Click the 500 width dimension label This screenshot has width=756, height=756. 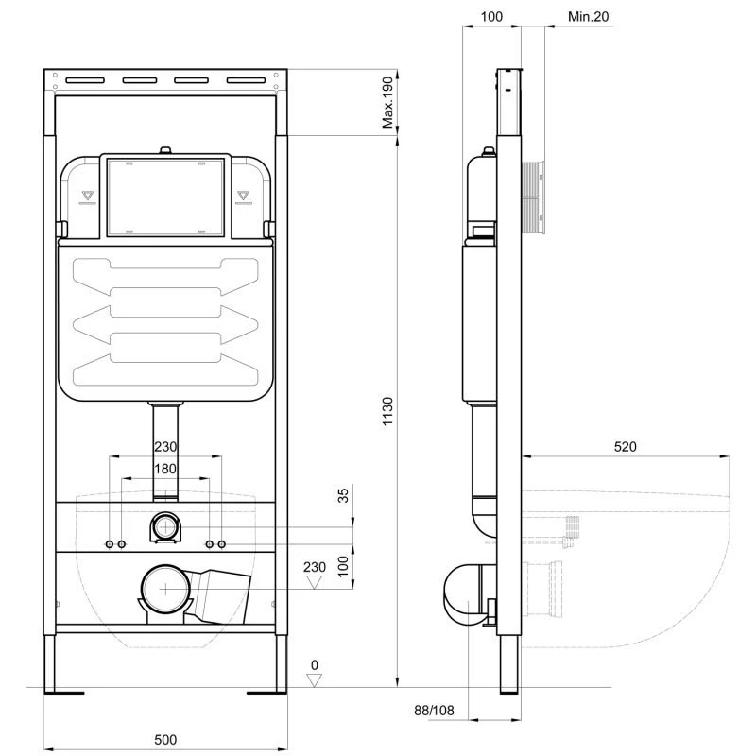(165, 739)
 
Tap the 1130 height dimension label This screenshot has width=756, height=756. (387, 411)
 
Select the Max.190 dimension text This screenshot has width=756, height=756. (387, 103)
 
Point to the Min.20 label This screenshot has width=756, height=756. (588, 16)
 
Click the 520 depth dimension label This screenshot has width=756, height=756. (625, 447)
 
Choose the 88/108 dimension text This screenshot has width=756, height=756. (434, 711)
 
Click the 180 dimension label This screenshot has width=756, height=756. (165, 469)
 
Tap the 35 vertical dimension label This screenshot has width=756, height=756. (343, 495)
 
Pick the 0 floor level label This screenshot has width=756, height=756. (315, 665)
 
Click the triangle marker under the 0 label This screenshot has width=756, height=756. (315, 679)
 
